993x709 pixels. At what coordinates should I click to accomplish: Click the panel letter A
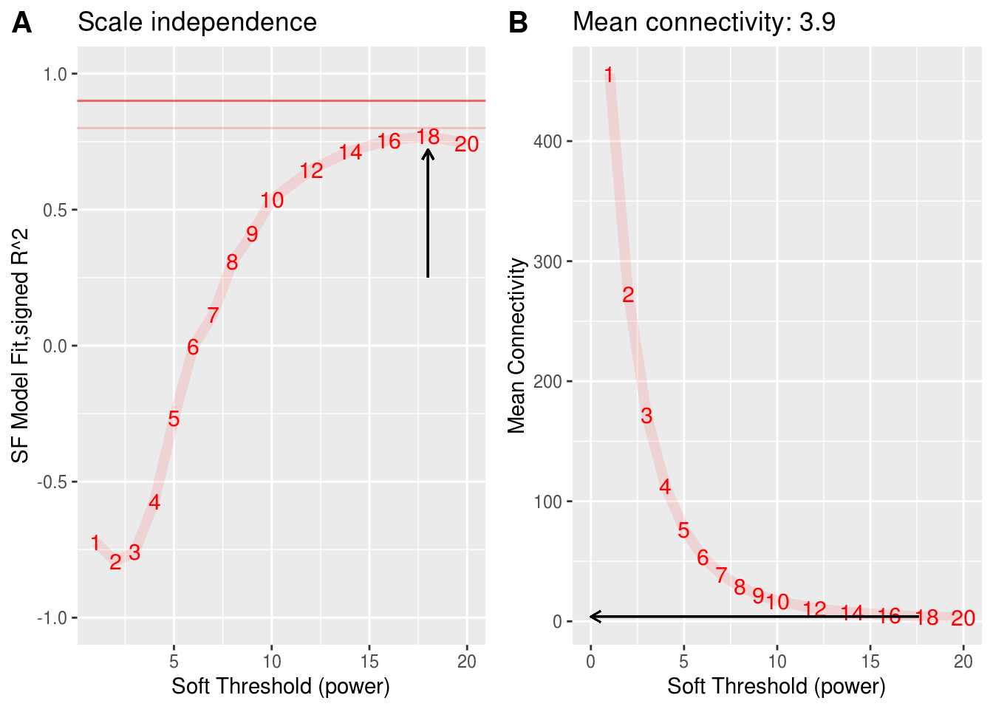[22, 24]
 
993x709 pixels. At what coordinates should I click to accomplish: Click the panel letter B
[518, 24]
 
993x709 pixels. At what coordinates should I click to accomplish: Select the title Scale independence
[197, 22]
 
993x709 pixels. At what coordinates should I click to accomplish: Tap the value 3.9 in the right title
[817, 22]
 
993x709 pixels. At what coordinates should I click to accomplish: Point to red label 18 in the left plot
[428, 137]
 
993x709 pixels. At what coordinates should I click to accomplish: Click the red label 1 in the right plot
[609, 75]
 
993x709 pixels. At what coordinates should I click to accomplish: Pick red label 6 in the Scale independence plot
[193, 347]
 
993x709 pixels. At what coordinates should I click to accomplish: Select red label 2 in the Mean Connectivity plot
[628, 295]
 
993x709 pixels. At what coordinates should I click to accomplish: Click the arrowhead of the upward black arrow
[428, 153]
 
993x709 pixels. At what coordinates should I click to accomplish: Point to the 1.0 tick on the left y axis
[55, 74]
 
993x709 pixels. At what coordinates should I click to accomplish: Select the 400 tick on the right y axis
[548, 141]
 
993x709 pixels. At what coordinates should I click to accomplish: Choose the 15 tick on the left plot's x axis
[369, 662]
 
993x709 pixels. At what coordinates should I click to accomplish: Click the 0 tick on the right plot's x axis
[590, 662]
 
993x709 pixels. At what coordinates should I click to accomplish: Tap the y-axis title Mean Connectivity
[516, 346]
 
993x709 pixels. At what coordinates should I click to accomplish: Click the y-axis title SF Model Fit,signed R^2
[21, 346]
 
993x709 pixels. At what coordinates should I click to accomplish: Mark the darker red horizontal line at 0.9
[281, 100]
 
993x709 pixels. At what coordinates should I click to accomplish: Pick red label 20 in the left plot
[466, 144]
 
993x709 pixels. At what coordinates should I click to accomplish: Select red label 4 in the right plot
[665, 487]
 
